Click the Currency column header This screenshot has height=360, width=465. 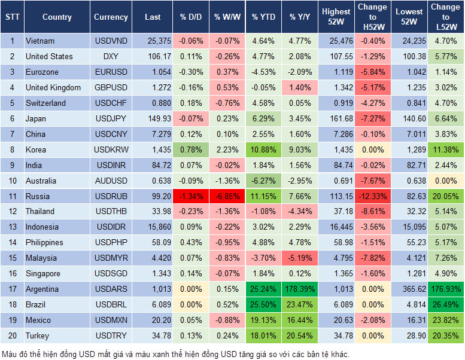coord(111,17)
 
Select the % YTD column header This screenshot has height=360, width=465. coord(263,17)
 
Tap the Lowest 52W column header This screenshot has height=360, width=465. coord(410,17)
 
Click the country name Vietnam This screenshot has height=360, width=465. coord(40,41)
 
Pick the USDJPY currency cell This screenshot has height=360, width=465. coord(111,118)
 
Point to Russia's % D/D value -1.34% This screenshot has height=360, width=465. coord(191,196)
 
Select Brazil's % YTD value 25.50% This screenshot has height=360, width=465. coord(263,305)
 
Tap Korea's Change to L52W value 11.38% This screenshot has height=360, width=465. coord(445,150)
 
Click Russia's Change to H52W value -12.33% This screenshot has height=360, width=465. coord(372,196)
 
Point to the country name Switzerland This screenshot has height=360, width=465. coord(46,103)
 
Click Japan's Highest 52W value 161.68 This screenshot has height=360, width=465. coord(336,118)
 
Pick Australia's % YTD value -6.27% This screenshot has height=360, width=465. coord(263,181)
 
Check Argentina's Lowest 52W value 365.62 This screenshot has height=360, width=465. coord(410,289)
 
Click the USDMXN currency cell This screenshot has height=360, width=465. coord(111,321)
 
